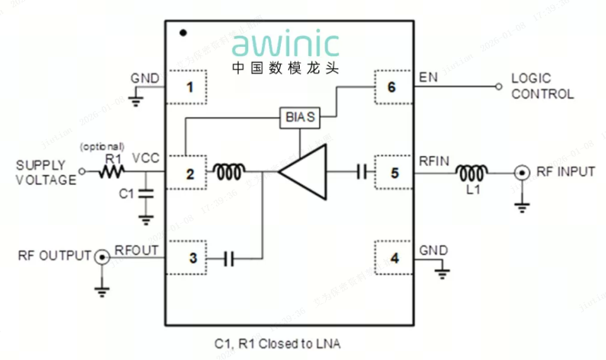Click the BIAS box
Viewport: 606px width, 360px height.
[300, 117]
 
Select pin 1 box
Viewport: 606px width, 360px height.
[187, 87]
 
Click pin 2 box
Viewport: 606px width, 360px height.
[187, 172]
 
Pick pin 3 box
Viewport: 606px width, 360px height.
[187, 257]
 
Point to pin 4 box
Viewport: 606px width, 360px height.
[395, 257]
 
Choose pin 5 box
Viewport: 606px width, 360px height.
[395, 172]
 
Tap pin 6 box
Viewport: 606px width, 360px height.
[392, 87]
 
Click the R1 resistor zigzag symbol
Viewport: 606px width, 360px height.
[112, 171]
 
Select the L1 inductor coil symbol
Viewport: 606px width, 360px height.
[472, 171]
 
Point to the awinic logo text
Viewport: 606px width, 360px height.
[285, 45]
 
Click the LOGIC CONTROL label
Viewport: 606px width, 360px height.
[542, 87]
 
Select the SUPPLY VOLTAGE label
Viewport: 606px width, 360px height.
[46, 172]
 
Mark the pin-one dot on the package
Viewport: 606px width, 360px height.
[183, 32]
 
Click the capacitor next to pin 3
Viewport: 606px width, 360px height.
[229, 257]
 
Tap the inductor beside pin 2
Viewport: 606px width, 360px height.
[230, 171]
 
